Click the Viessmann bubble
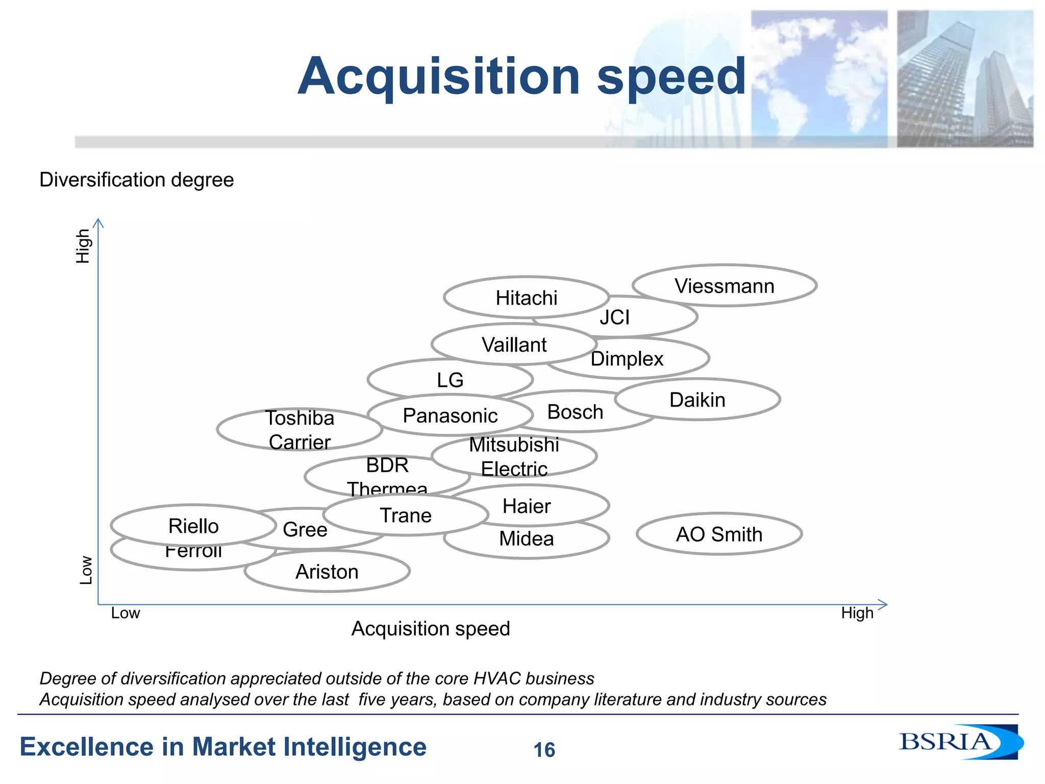coord(724,286)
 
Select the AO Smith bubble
coord(719,534)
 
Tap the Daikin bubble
coord(698,400)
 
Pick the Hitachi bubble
coord(526,298)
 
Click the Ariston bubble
coord(327,572)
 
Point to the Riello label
coord(193,526)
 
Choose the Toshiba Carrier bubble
coord(300,430)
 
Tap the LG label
coord(450,380)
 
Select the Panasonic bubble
coord(450,415)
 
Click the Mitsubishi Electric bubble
coord(514,456)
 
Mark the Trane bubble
coord(406,516)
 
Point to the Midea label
coord(526,539)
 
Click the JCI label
coord(615,317)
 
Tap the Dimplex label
coord(627,359)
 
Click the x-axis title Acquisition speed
coord(431,628)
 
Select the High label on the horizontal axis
coord(857,612)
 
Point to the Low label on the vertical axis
coord(86,570)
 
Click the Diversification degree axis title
coord(137,180)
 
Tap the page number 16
coord(544,750)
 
